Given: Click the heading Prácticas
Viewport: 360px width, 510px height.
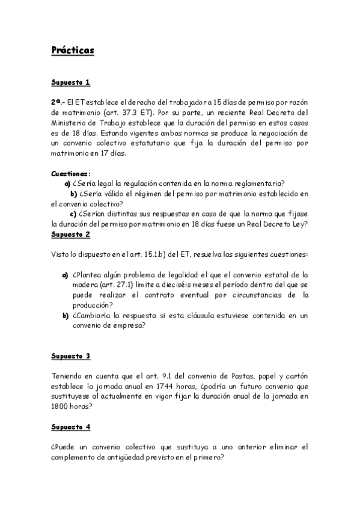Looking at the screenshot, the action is pos(73,51).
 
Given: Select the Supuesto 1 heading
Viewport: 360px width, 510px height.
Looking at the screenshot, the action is pos(70,82).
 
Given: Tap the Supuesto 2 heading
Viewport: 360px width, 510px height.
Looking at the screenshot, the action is pos(70,234).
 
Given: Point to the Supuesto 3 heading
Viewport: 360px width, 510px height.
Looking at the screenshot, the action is pos(70,356).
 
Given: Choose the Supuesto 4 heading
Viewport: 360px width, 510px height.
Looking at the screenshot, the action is pos(70,426).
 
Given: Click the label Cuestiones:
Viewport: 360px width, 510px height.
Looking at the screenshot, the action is pos(71,173).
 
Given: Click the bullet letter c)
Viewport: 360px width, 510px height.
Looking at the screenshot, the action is pos(73,214).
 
